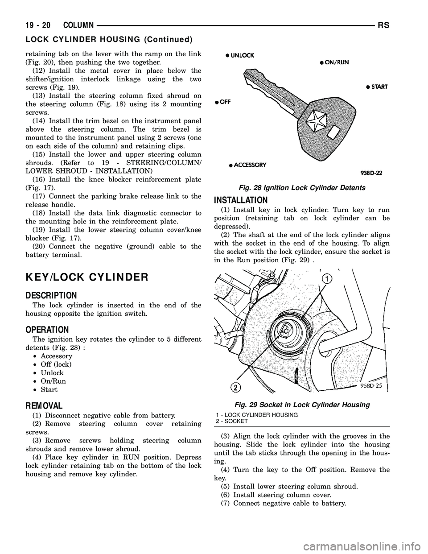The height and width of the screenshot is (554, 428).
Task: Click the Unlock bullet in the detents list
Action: [x=52, y=372]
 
